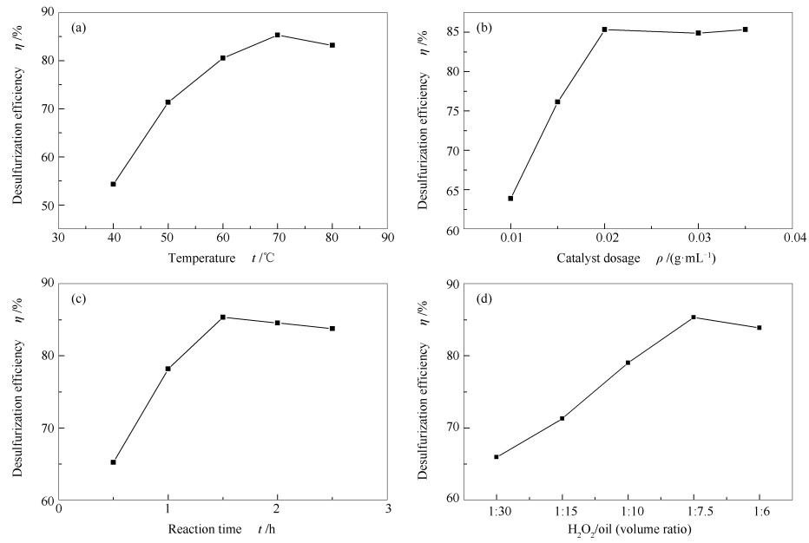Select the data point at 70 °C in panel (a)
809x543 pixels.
[x=278, y=35]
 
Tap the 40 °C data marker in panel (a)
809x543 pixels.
[x=113, y=184]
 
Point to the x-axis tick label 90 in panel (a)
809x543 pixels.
[x=388, y=237]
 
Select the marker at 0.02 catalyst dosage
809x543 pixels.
[x=604, y=29]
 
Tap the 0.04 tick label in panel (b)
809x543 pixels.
[x=792, y=237]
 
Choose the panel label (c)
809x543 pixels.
[x=79, y=299]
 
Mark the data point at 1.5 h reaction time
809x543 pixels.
[x=223, y=317]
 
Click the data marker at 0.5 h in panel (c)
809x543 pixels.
[x=113, y=462]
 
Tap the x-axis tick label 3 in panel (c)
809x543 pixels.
[x=388, y=508]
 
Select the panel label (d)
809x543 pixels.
[x=484, y=299]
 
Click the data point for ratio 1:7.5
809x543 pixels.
[x=694, y=317]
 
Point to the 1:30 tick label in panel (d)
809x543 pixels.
[x=497, y=508]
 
